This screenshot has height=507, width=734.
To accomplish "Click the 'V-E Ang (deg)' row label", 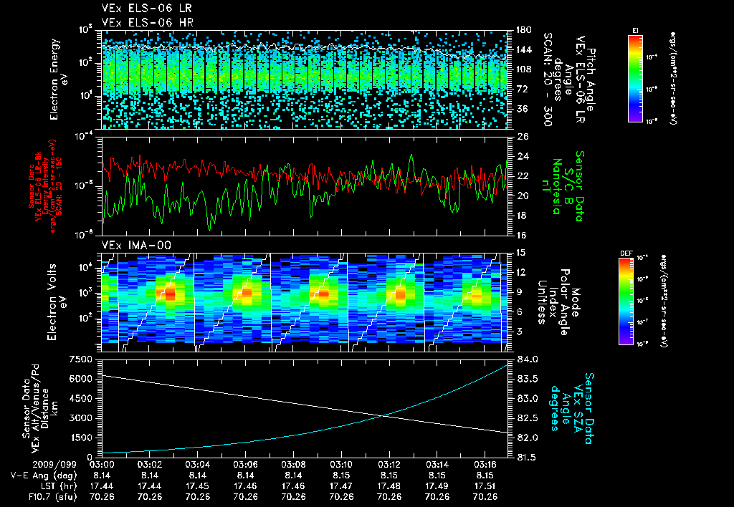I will pyautogui.click(x=38, y=475).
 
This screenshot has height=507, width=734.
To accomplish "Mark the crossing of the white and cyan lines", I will pyautogui.click(x=386, y=415).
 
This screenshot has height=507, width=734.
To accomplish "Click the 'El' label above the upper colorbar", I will pyautogui.click(x=635, y=30).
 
